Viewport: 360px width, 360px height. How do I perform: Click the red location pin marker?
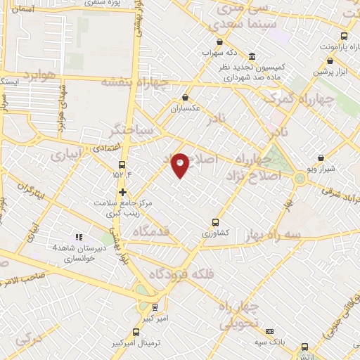181,165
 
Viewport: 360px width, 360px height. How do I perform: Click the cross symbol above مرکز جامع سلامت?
122,191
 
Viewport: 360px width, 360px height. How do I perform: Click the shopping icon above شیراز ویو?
321,158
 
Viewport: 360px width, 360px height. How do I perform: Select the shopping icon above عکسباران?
185,98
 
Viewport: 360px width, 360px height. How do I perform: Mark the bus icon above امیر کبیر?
155,307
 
